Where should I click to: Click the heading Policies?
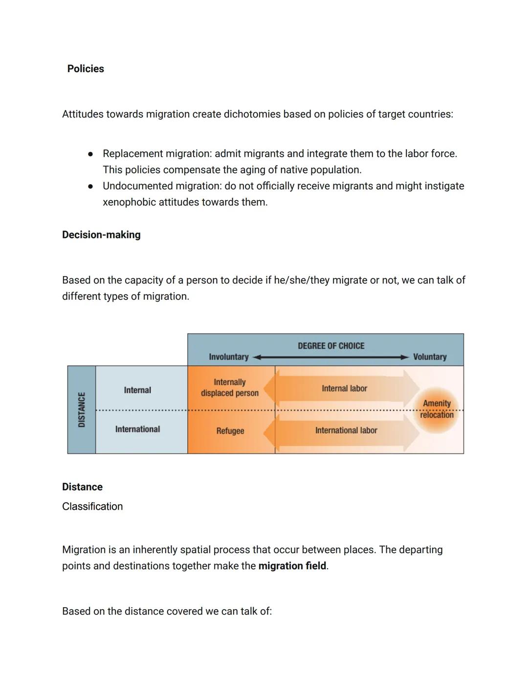[86, 69]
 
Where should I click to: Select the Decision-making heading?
[101, 235]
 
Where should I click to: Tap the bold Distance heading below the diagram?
[82, 487]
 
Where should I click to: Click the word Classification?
[92, 506]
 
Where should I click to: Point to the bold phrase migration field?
[292, 566]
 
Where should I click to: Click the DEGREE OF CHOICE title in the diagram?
[331, 346]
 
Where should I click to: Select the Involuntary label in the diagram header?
[229, 357]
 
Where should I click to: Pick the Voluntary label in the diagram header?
[430, 357]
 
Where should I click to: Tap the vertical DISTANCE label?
[82, 409]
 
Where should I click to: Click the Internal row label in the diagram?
[137, 390]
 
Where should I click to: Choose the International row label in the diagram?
[137, 429]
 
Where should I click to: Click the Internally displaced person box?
[230, 387]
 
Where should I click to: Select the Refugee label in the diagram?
[230, 431]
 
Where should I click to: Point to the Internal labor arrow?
[344, 388]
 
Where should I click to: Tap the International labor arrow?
[346, 430]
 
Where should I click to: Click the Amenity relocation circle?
[437, 409]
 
